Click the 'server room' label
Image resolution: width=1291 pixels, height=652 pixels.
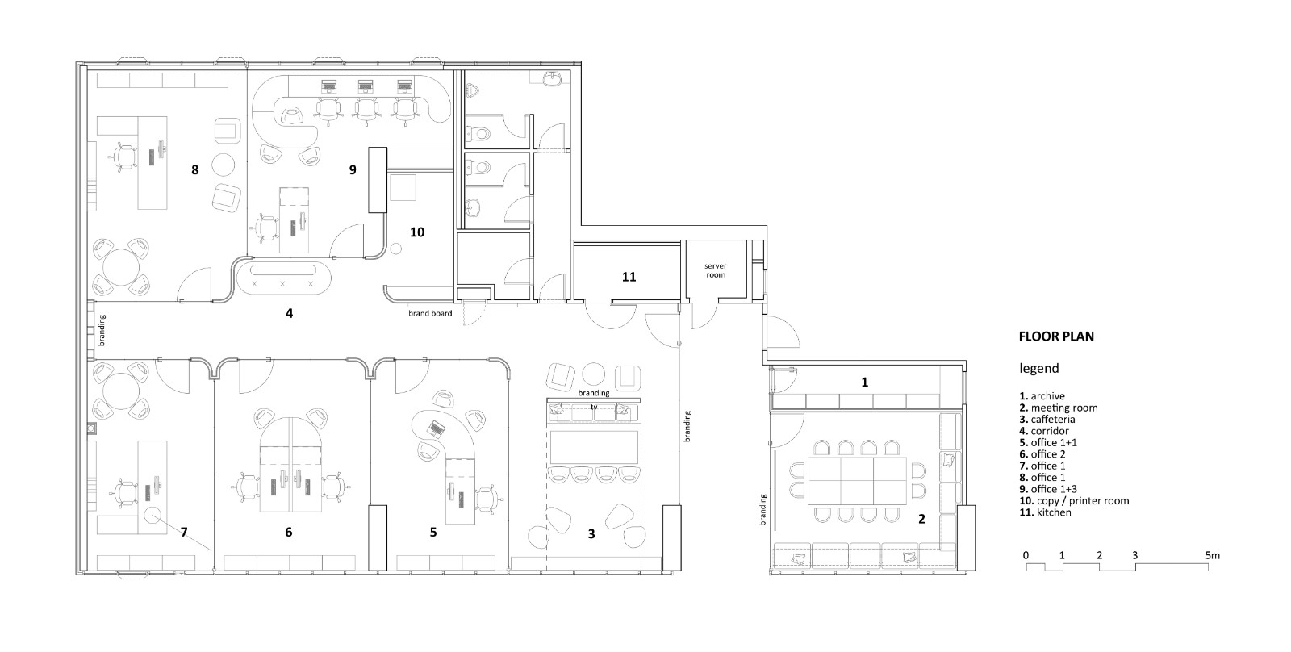coord(715,270)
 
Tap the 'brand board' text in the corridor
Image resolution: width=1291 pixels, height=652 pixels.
coord(430,314)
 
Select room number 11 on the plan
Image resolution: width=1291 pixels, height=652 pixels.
coord(629,277)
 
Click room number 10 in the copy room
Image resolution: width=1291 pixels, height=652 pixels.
coord(417,232)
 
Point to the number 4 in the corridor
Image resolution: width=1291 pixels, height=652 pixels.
coord(290,313)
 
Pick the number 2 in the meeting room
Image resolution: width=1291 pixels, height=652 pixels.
coord(921,519)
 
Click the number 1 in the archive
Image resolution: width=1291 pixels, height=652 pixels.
coord(864,382)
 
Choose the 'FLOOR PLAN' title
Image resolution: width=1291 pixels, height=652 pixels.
coord(1056,336)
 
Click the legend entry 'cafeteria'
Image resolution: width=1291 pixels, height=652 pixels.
coord(1047,419)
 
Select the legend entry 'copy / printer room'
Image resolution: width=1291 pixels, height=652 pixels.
coord(1074,500)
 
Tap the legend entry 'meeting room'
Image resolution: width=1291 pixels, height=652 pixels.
coord(1059,407)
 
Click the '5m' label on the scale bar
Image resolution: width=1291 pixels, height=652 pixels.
coord(1213,556)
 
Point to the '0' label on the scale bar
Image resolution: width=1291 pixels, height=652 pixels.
coord(1026,556)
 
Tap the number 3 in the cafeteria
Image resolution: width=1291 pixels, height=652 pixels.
coord(591,534)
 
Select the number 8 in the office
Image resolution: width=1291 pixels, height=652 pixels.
coord(194,169)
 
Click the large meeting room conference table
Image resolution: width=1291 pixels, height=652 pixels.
coord(856,481)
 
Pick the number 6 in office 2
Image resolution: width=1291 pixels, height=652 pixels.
coord(289,532)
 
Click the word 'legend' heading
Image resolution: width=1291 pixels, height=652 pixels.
coord(1039,369)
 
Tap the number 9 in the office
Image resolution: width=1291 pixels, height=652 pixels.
coord(353,169)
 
